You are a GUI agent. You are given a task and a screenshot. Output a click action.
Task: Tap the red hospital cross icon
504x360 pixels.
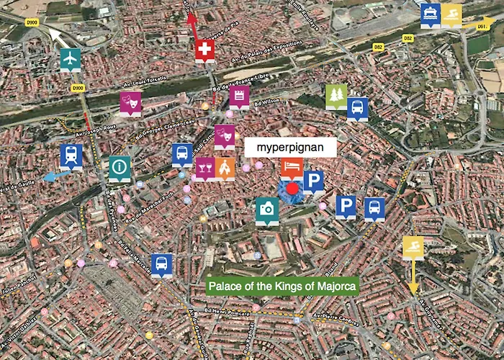tap(204, 50)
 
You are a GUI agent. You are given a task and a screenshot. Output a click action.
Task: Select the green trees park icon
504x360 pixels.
tap(336, 96)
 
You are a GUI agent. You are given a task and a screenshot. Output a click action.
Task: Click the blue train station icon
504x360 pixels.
tap(71, 155)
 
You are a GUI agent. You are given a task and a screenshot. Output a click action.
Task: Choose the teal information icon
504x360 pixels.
tap(120, 167)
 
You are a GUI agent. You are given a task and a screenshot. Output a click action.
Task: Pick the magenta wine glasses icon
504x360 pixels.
tap(205, 168)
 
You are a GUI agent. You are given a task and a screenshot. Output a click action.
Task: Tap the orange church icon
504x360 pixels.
tap(225, 168)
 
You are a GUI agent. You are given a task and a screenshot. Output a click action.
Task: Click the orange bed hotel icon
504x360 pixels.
tap(291, 168)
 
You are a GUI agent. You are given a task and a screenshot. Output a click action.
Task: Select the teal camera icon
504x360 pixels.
tap(267, 209)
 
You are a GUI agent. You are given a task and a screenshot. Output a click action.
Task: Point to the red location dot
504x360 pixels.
tap(292, 190)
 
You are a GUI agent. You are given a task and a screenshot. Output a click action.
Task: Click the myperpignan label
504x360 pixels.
tap(291, 146)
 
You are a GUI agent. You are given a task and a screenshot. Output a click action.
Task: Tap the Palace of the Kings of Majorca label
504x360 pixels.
tap(282, 287)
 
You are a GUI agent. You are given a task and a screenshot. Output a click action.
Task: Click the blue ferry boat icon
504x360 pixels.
tap(431, 13)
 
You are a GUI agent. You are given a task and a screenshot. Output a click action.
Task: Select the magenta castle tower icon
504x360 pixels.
tap(240, 96)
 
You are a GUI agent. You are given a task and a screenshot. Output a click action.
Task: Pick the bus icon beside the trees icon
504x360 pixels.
tap(358, 108)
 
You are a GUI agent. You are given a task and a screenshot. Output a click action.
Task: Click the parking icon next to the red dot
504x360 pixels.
tap(313, 181)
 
